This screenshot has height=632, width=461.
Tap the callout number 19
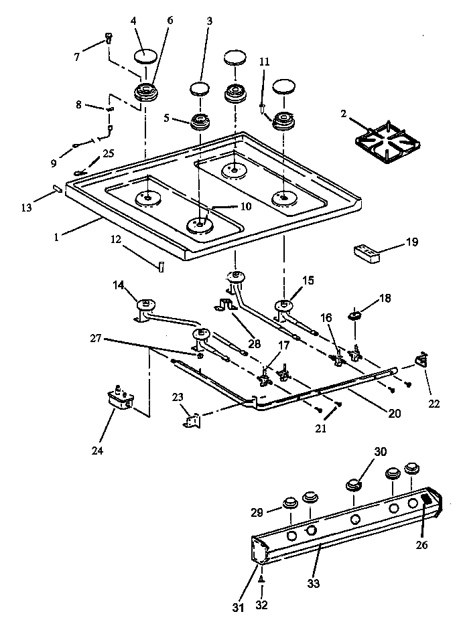tap(412, 242)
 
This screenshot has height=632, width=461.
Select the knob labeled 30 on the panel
tap(354, 485)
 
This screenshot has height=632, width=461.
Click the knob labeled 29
tap(291, 502)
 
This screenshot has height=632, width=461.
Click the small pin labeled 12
tap(161, 266)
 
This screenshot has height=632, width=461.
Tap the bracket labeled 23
tap(192, 422)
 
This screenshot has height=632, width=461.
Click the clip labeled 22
tap(422, 360)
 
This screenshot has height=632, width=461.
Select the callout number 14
tap(119, 285)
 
